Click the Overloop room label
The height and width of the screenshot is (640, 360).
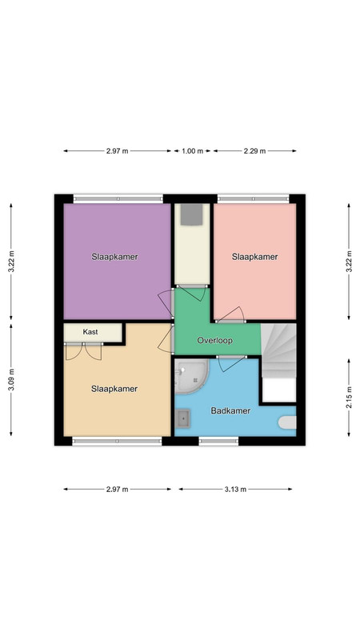(x=214, y=340)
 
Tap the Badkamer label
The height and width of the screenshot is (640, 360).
(x=230, y=410)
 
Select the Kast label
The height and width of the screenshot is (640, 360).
(x=90, y=332)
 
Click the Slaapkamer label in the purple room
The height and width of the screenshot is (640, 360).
(x=114, y=257)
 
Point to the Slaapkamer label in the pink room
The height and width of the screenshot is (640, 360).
(x=254, y=257)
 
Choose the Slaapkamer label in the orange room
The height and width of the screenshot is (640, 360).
(x=114, y=389)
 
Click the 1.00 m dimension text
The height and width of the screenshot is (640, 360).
(x=192, y=151)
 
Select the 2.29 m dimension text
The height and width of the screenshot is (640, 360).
(x=254, y=151)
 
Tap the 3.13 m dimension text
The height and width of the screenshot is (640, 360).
(x=235, y=490)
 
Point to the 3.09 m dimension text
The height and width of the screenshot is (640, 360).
(x=11, y=379)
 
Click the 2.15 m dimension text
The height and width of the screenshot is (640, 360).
(x=349, y=398)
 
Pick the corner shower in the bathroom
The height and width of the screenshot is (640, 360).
(x=191, y=376)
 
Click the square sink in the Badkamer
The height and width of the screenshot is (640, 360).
(x=182, y=418)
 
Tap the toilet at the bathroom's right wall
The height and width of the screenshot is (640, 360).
(x=288, y=422)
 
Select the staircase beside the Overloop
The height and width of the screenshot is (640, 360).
(x=278, y=350)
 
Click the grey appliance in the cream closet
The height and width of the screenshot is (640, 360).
(x=192, y=214)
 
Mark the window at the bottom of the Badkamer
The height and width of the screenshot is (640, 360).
(x=218, y=441)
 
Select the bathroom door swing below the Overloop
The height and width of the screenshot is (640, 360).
(x=231, y=363)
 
